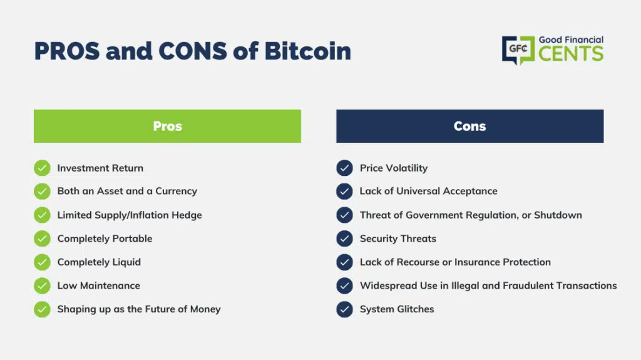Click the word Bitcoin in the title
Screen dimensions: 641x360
point(307,51)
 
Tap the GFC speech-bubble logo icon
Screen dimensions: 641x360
point(518,50)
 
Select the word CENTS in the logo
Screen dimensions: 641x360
point(571,54)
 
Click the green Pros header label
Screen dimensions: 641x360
point(167,126)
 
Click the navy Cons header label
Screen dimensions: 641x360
point(469,126)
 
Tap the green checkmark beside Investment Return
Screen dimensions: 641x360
point(42,168)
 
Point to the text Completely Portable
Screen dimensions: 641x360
point(105,239)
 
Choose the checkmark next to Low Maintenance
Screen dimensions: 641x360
point(42,285)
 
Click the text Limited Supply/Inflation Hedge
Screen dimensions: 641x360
point(130,215)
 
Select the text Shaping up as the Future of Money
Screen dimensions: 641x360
point(139,309)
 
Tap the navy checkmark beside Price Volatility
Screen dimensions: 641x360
point(345,168)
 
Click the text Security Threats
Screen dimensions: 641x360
point(397,239)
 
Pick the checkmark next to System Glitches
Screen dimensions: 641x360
point(345,309)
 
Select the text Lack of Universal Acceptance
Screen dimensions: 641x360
point(428,191)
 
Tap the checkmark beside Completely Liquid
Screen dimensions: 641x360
point(42,262)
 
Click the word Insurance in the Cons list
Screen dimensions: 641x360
point(477,262)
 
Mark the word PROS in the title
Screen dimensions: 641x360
point(67,51)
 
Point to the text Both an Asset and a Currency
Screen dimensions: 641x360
point(127,191)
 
